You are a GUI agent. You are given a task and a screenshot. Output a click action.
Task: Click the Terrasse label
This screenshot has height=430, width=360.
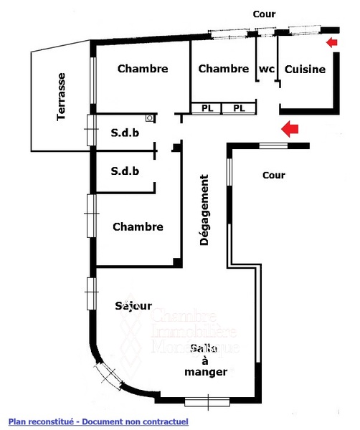pos(61,97)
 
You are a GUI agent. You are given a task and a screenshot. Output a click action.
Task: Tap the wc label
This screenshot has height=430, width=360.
pos(267,69)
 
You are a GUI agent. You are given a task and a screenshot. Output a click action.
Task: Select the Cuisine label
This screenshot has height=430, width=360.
pos(305,69)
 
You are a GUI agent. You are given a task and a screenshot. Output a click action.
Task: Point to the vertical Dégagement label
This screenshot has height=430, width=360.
pos(204,210)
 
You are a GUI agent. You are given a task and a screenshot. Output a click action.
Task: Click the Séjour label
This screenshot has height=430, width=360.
pos(133,305)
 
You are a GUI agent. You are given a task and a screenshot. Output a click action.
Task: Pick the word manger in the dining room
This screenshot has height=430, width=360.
pos(206,372)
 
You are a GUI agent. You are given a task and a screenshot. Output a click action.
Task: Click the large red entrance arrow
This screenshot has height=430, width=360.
pos(290,128)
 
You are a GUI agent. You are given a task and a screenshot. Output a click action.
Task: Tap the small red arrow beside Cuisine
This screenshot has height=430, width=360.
pos(332,42)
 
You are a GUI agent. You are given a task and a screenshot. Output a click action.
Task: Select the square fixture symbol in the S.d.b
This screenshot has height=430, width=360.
pos(150,118)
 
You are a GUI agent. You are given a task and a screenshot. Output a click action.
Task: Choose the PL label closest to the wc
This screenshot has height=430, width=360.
pos(239,108)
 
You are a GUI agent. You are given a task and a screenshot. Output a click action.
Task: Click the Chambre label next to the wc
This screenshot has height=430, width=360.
pos(223,69)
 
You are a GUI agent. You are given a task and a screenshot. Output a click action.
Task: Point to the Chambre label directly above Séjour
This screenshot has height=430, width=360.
pos(138,226)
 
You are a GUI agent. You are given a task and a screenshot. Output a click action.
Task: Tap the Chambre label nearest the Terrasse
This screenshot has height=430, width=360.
pos(143,69)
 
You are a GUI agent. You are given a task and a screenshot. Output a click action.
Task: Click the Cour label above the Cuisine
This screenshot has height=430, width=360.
pos(264,14)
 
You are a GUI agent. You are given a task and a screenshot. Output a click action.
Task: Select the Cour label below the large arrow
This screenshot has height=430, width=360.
pos(274,175)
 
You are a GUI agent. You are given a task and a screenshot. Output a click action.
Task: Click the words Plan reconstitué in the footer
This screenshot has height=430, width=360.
pos(41,421)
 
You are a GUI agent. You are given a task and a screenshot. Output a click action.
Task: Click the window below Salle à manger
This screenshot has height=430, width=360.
pos(207,402)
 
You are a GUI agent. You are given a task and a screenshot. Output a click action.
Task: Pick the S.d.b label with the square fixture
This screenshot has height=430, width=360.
pos(125,133)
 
